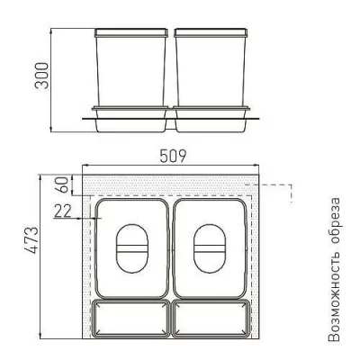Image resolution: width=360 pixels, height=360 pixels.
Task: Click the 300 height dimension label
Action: pos(41,76)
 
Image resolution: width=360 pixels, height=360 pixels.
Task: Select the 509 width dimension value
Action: pos(173,156)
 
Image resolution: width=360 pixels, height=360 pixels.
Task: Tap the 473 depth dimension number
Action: pos(31,240)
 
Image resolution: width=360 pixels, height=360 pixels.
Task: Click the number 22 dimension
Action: pos(63,211)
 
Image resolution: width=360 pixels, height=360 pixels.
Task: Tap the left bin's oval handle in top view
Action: pos(132,248)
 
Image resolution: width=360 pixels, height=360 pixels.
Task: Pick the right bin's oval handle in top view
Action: pos(210,248)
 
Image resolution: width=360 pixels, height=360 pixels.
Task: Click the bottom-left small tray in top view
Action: pos(130,319)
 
